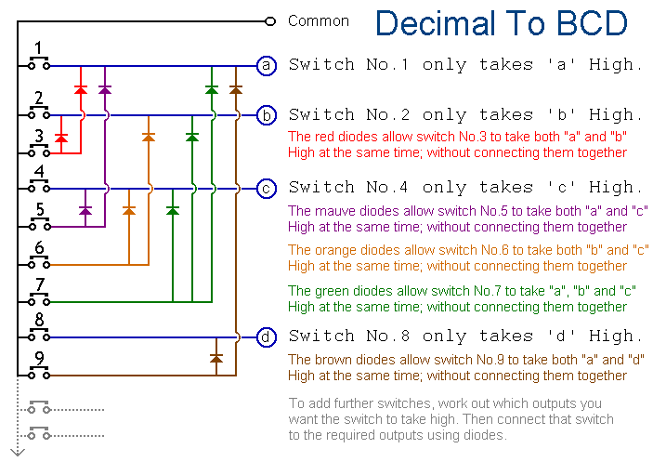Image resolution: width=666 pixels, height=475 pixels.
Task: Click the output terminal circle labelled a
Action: tap(267, 66)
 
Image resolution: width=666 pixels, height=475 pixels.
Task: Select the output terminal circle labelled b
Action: tap(267, 115)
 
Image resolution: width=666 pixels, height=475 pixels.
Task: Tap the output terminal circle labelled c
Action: tap(267, 188)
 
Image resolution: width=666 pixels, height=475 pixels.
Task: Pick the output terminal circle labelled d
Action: tap(267, 336)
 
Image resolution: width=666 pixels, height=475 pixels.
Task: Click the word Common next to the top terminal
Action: tap(319, 20)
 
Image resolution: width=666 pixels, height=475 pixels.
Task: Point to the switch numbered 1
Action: tap(38, 65)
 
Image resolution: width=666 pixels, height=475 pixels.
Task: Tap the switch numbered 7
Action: tap(38, 300)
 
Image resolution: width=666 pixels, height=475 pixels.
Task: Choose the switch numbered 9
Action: tap(38, 374)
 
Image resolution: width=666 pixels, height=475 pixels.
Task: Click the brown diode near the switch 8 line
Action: tap(216, 357)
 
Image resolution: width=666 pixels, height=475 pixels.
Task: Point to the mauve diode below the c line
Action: tap(86, 210)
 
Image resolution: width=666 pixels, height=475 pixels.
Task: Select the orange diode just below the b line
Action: tap(148, 137)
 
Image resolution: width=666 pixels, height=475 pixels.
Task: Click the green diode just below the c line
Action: tap(172, 210)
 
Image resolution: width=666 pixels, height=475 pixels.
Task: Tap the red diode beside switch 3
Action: tap(61, 138)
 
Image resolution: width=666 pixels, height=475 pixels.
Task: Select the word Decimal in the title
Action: tap(436, 23)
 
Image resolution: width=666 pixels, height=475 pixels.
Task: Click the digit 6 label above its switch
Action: tap(38, 248)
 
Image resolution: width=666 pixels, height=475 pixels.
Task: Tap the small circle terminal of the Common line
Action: tap(270, 20)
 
